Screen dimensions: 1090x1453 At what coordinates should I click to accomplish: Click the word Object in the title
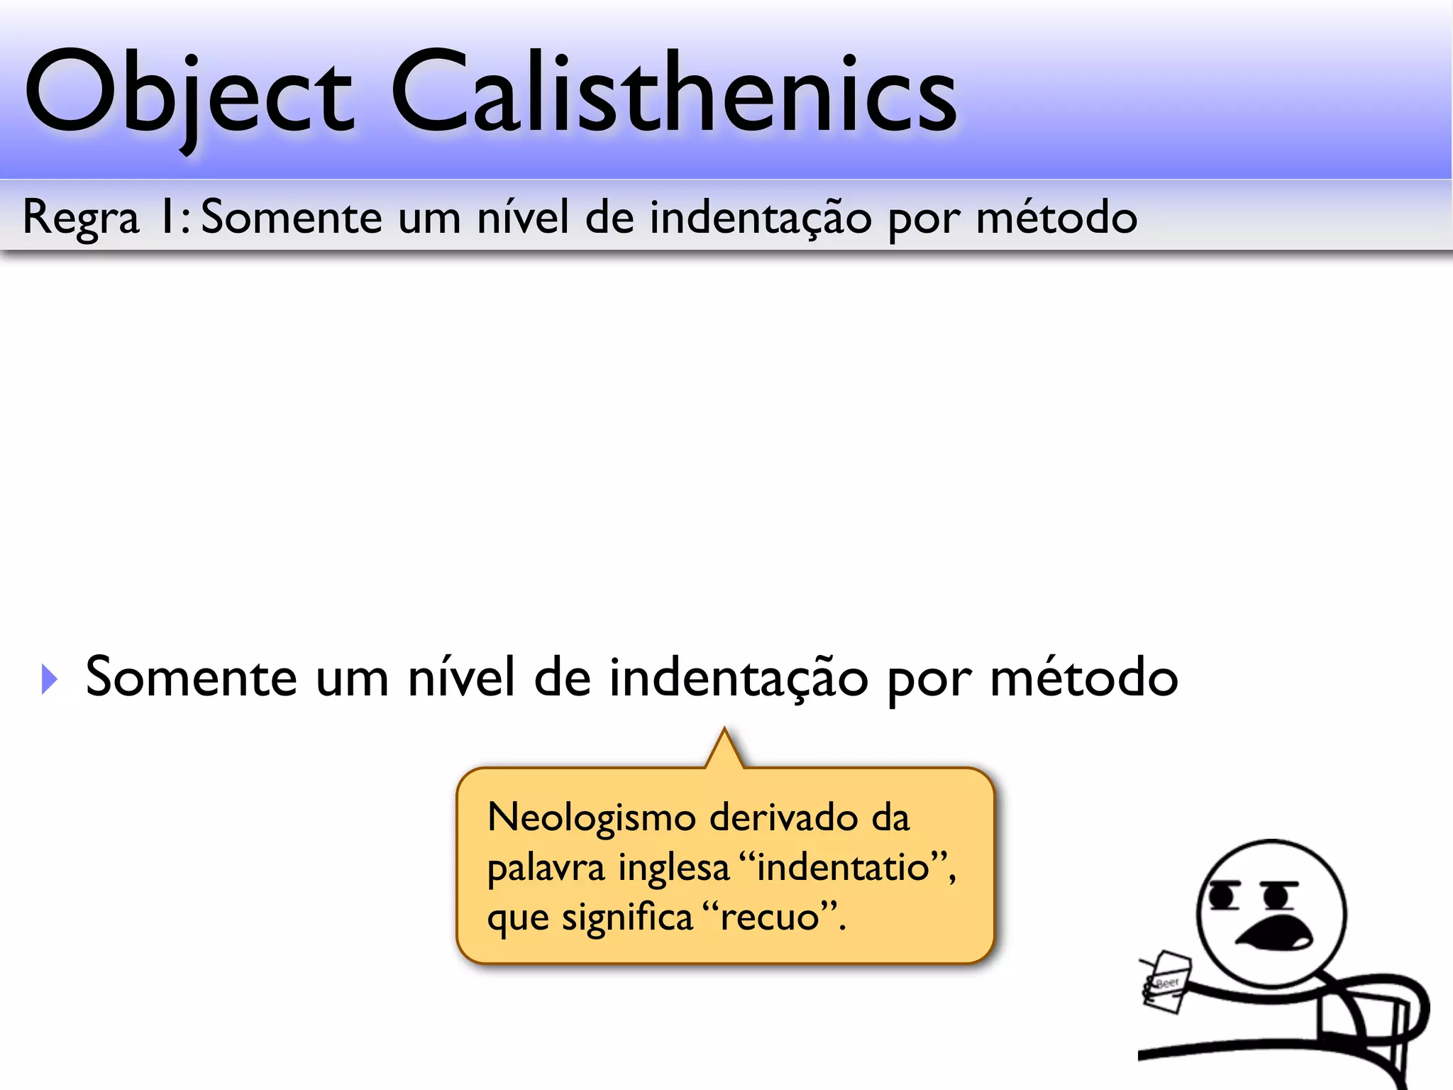click(x=188, y=92)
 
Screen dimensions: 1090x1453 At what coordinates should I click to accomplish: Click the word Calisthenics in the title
click(x=674, y=92)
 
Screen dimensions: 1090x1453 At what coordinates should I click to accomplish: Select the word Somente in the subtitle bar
click(x=291, y=217)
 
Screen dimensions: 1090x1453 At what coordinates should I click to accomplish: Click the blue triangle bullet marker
click(x=49, y=679)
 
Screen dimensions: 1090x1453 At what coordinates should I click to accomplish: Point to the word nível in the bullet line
click(x=461, y=678)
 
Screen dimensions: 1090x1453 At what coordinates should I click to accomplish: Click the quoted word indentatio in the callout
click(x=843, y=867)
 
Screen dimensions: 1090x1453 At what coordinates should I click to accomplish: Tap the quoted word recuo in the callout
click(x=770, y=917)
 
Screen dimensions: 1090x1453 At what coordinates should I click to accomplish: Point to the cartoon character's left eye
click(x=1222, y=896)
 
